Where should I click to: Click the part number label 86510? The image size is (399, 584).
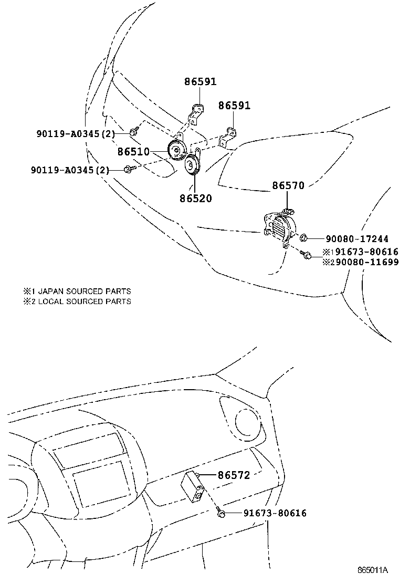tap(134, 152)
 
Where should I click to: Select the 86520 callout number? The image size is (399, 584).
tap(195, 199)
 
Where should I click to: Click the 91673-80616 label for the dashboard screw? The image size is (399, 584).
tap(275, 513)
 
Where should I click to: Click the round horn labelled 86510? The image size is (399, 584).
tap(175, 151)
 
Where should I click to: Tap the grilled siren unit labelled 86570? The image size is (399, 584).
tap(278, 228)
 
